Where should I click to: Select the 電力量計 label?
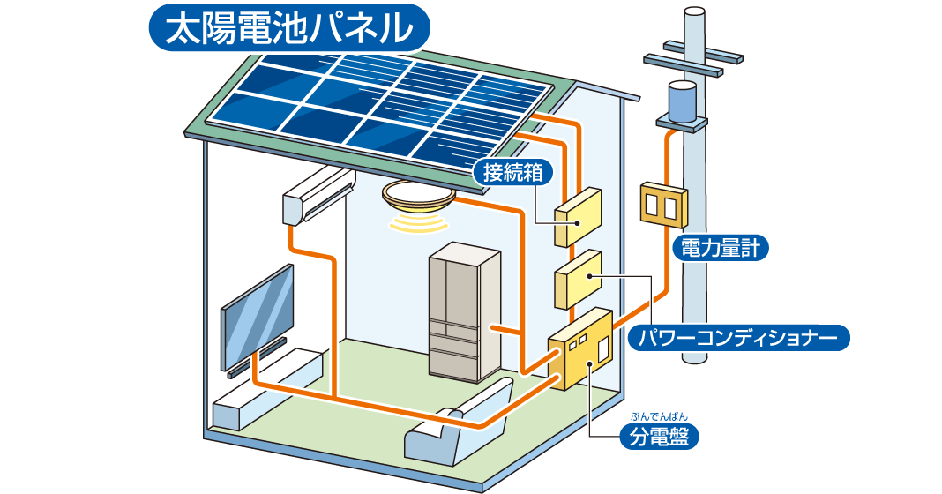[721, 249]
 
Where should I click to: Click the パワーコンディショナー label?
[737, 337]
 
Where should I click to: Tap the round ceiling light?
[419, 195]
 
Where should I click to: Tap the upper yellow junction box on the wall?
[578, 216]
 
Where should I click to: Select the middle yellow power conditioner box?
[578, 278]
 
